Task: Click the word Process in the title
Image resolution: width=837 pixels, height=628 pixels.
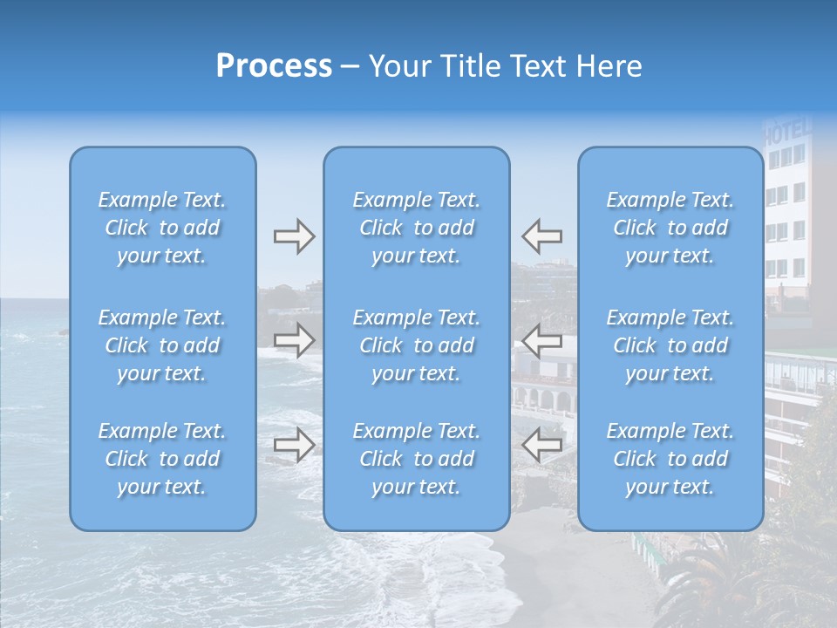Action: (274, 66)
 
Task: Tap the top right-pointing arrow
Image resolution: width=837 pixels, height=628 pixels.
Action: (294, 236)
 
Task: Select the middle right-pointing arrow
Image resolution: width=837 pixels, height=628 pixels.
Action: (294, 340)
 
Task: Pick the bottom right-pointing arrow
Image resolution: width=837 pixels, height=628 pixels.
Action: (294, 446)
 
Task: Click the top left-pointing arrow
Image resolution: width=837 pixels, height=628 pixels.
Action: (541, 236)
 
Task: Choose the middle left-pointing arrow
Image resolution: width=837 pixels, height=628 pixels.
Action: (541, 340)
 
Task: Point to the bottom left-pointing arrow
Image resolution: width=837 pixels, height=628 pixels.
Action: (541, 446)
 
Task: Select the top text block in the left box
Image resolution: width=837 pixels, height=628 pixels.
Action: (162, 228)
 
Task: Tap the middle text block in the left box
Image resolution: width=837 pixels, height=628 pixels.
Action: (162, 345)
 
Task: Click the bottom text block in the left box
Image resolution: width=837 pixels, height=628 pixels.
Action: (162, 459)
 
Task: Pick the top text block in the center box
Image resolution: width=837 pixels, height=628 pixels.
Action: (416, 228)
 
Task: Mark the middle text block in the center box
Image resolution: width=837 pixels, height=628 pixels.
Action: (416, 345)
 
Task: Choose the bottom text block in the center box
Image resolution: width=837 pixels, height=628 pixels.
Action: (416, 459)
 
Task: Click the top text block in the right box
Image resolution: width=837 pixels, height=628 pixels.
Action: (670, 228)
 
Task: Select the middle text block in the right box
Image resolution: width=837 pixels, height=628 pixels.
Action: (670, 345)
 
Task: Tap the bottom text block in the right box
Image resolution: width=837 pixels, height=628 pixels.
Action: (670, 459)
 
